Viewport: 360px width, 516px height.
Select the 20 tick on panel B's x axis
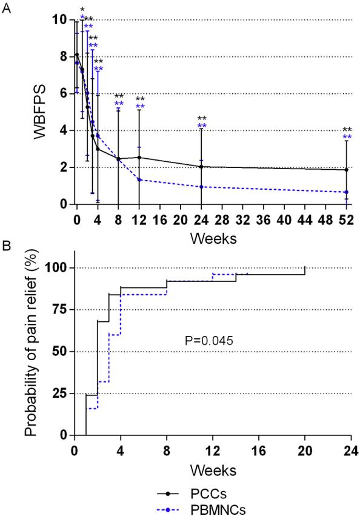304,451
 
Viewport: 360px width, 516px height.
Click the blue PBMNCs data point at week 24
201,187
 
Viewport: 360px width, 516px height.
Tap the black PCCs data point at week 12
139,158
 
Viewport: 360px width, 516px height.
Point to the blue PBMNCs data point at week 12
139,179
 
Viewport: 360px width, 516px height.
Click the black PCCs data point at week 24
201,167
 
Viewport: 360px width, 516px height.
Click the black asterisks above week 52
347,129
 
